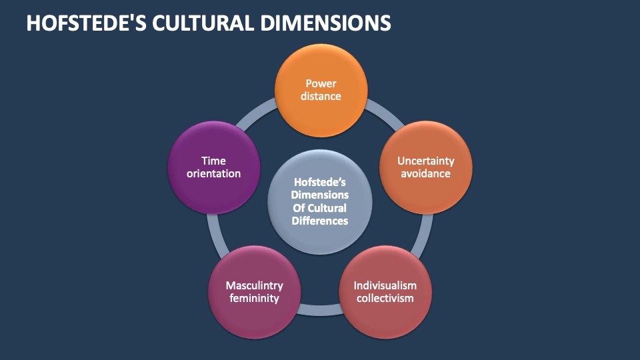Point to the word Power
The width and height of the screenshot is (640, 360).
pos(321,83)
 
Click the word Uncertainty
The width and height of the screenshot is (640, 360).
pos(425,161)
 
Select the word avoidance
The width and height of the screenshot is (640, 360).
pos(425,173)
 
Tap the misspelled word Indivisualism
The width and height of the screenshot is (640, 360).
pos(385,285)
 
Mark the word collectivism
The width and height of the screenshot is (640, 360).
pos(385,298)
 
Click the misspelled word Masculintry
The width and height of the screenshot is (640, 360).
pos(254,285)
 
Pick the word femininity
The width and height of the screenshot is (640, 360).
pos(254,298)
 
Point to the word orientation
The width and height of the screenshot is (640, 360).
pos(214,173)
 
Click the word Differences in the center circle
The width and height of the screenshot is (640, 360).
pos(320,221)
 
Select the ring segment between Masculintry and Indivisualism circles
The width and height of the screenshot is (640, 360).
pos(320,309)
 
